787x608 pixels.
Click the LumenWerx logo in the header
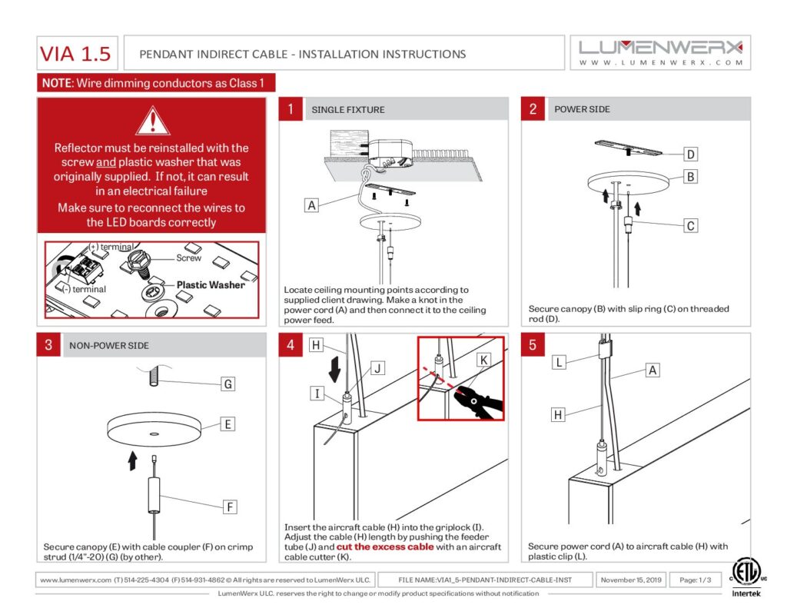660,52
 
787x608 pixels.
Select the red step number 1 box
290,109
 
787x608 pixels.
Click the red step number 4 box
290,345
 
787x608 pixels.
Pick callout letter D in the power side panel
691,154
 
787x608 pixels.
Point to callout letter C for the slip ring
691,225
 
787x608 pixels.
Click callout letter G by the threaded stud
227,384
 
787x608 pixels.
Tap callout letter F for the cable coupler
228,507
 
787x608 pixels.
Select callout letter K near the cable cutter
483,359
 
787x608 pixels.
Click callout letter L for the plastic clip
560,360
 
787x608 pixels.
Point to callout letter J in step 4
377,369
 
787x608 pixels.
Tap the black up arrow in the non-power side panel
132,460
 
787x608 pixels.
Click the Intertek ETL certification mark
742,577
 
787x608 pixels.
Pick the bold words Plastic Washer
211,284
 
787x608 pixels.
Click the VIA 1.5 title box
75,54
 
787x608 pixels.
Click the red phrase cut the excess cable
385,547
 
